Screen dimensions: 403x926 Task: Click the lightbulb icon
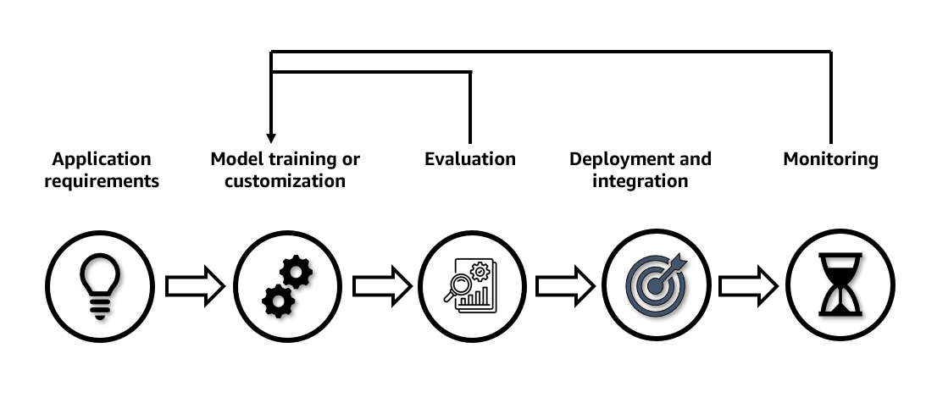click(x=99, y=285)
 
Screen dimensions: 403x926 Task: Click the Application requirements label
click(x=102, y=169)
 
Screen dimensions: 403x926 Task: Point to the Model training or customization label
click(x=286, y=169)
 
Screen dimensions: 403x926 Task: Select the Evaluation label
click(x=470, y=159)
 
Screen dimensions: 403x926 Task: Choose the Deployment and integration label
click(x=640, y=169)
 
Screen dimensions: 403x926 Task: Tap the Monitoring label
click(x=830, y=159)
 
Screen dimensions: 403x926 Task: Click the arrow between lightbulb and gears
click(x=194, y=286)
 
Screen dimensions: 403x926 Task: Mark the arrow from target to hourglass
click(x=748, y=286)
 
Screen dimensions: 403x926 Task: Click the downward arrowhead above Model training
click(x=271, y=137)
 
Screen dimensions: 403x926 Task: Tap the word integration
click(x=640, y=181)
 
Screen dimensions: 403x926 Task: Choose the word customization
click(x=286, y=181)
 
